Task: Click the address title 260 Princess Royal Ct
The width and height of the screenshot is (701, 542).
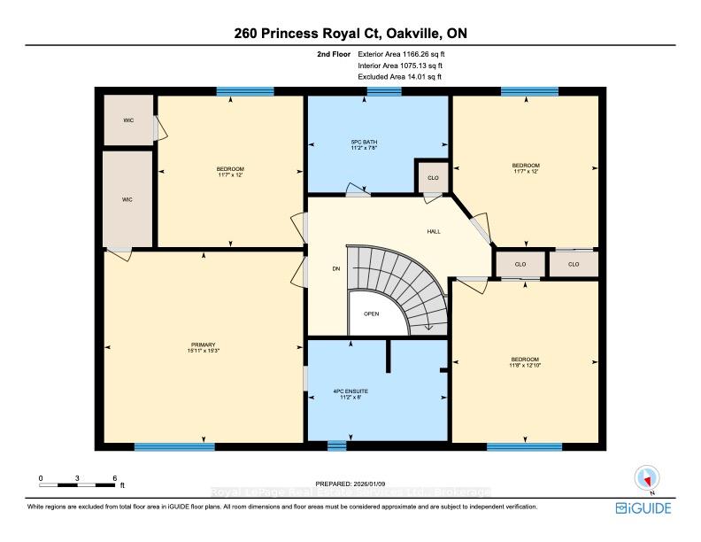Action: pos(350,34)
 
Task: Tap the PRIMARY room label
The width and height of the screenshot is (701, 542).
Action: pos(203,345)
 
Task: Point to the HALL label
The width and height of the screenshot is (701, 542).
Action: pos(434,232)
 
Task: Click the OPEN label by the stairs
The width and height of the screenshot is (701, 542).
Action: pos(372,314)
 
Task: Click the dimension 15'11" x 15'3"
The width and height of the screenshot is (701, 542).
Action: pos(203,352)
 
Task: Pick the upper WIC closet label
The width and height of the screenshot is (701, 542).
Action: pos(128,119)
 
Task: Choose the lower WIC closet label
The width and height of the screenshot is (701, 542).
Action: pos(127,199)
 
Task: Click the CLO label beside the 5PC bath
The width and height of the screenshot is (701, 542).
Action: pos(433,178)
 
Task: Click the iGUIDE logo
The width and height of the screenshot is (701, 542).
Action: pos(643,508)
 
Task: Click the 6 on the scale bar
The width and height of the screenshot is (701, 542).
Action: pos(114,477)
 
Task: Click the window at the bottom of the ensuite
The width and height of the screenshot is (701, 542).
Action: pos(336,445)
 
